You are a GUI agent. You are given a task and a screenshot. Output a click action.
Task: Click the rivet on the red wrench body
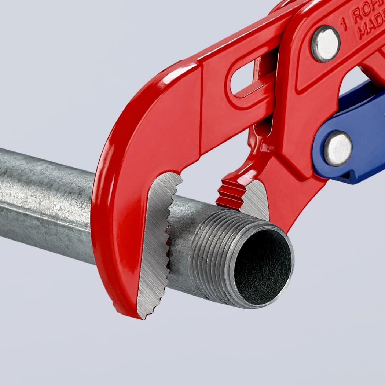325,43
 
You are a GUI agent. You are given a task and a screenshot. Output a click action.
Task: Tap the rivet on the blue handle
338,148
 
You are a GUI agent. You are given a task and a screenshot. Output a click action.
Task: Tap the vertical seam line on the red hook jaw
201,110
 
